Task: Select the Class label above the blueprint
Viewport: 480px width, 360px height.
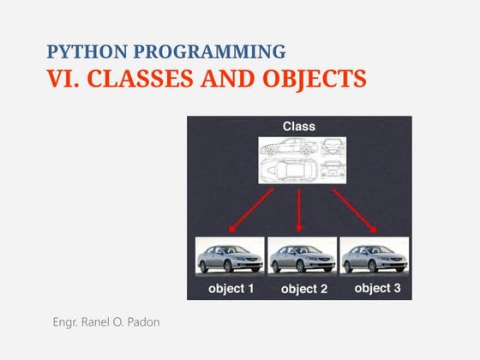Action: click(x=299, y=127)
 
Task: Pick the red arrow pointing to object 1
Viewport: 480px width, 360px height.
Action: click(x=250, y=210)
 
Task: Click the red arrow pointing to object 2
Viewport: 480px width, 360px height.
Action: click(x=299, y=211)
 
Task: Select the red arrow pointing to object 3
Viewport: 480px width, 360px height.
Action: click(x=354, y=210)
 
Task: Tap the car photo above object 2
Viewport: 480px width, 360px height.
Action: click(x=301, y=255)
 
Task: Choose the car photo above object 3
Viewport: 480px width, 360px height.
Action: click(x=374, y=255)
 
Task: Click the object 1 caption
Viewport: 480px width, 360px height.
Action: click(x=231, y=289)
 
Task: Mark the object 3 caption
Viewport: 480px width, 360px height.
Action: click(x=377, y=288)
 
